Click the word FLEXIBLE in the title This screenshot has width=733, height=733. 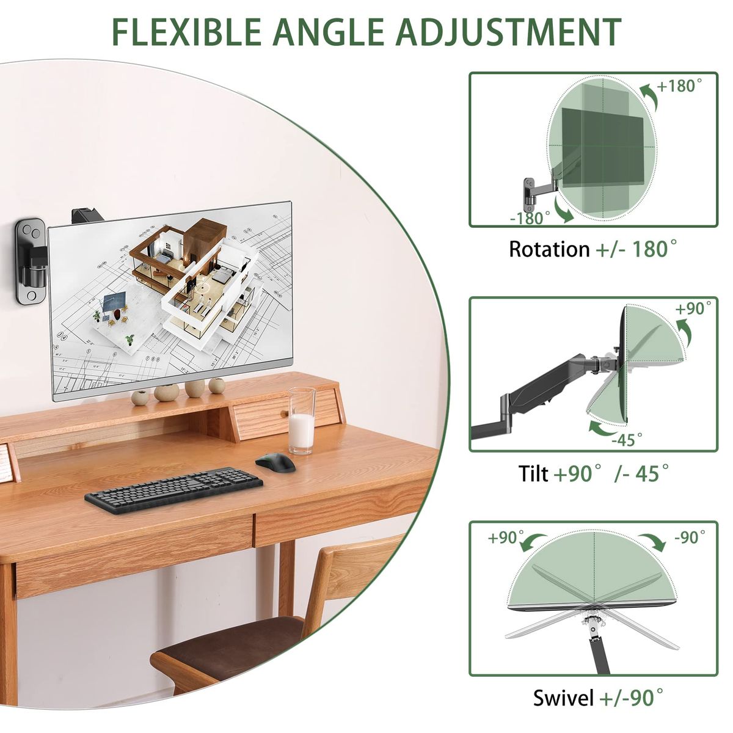point(187,32)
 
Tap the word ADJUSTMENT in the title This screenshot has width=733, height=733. point(508,32)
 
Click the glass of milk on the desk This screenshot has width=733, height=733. point(302,421)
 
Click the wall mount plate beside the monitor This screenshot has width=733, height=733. point(30,261)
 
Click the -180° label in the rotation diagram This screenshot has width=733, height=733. point(530,218)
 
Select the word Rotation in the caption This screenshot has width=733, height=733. point(549,249)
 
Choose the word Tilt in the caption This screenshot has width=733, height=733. point(533,473)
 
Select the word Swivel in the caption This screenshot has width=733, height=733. point(563,698)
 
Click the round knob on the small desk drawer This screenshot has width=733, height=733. point(283,414)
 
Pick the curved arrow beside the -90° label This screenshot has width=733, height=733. point(653,540)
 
